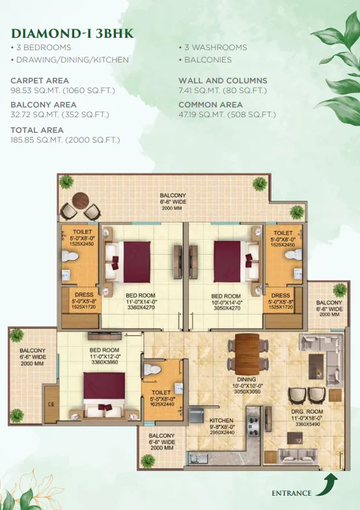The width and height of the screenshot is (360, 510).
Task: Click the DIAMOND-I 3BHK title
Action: click(x=72, y=33)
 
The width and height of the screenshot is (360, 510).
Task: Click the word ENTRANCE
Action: click(x=292, y=493)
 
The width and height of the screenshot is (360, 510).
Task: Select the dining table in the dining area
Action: click(x=247, y=354)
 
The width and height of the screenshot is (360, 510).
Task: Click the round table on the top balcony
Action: click(x=80, y=201)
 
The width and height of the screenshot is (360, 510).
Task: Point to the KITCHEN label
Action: click(x=221, y=420)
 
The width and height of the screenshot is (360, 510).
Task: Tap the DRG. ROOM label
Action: click(x=307, y=412)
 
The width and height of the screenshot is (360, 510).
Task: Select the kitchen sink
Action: click(x=199, y=459)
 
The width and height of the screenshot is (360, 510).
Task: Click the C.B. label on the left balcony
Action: click(x=51, y=404)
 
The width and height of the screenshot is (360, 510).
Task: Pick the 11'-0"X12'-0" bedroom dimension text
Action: click(x=104, y=356)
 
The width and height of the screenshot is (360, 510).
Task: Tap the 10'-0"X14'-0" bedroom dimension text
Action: click(x=226, y=302)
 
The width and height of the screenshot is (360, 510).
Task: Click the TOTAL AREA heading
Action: click(x=37, y=130)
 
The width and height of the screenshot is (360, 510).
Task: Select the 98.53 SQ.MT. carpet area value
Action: click(x=35, y=91)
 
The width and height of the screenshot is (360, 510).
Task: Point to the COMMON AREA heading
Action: click(x=210, y=105)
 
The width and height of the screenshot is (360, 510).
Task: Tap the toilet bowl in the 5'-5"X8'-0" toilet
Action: click(x=152, y=370)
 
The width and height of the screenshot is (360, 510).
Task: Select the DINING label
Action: click(x=247, y=379)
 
